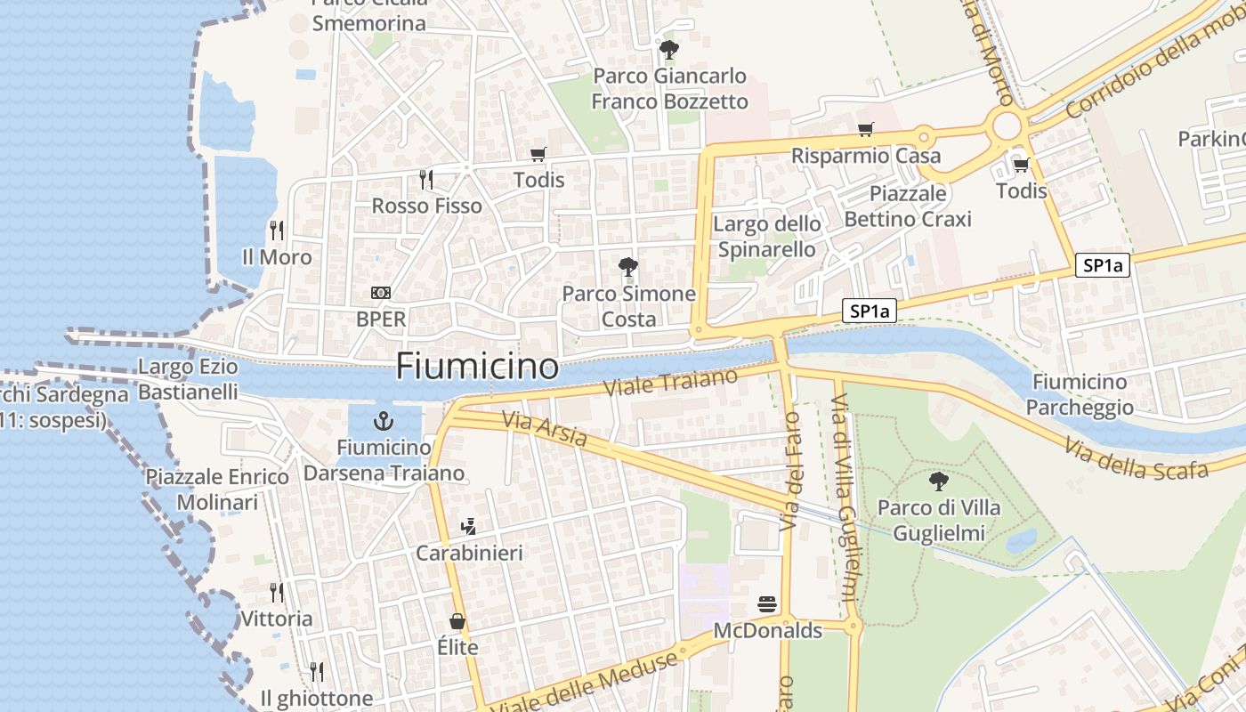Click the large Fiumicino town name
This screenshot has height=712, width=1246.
(477, 366)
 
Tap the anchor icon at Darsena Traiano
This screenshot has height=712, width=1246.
(384, 420)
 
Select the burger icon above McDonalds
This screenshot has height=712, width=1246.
(767, 605)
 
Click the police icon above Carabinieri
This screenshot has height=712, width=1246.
(468, 527)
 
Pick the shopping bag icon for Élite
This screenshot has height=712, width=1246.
(457, 621)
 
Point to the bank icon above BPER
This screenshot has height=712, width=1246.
(381, 293)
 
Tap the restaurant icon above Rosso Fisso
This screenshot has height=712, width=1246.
(426, 180)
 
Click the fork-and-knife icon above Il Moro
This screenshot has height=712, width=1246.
(277, 231)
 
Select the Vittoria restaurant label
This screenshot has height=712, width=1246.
(277, 619)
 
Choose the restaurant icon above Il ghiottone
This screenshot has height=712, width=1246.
(316, 671)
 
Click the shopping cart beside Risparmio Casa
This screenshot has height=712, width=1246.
(865, 130)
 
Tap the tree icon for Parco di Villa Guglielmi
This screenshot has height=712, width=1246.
(938, 481)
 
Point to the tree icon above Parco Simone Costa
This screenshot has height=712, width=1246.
(628, 266)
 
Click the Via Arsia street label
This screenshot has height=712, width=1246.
(545, 429)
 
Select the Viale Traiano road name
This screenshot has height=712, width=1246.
(671, 383)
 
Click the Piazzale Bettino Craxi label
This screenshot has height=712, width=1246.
(908, 206)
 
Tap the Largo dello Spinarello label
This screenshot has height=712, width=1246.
(766, 237)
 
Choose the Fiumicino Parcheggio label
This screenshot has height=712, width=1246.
(1080, 394)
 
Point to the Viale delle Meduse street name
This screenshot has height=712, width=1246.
(585, 683)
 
